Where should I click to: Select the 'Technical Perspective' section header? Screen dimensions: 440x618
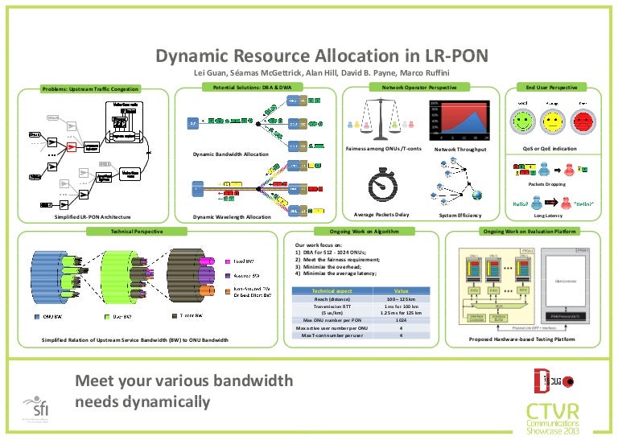[x=135, y=231]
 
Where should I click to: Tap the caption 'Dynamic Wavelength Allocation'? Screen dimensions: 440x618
[x=233, y=218]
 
